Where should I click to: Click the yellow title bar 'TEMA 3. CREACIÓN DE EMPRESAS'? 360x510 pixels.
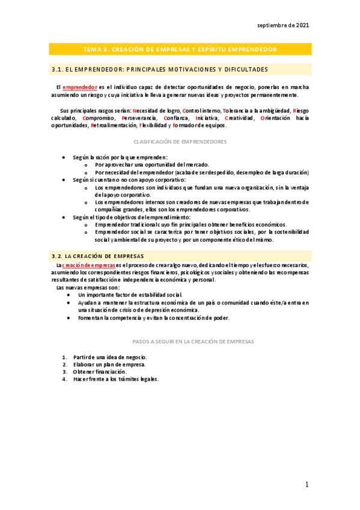pos(180,49)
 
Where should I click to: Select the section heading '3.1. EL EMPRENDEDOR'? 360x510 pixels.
pos(159,69)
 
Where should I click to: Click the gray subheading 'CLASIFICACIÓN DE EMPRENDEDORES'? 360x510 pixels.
pos(180,141)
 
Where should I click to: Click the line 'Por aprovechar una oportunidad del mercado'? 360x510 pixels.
pos(152,164)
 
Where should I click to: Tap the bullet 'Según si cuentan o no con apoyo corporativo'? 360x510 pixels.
pos(129,179)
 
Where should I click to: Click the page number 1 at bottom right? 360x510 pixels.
pos(307,485)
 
